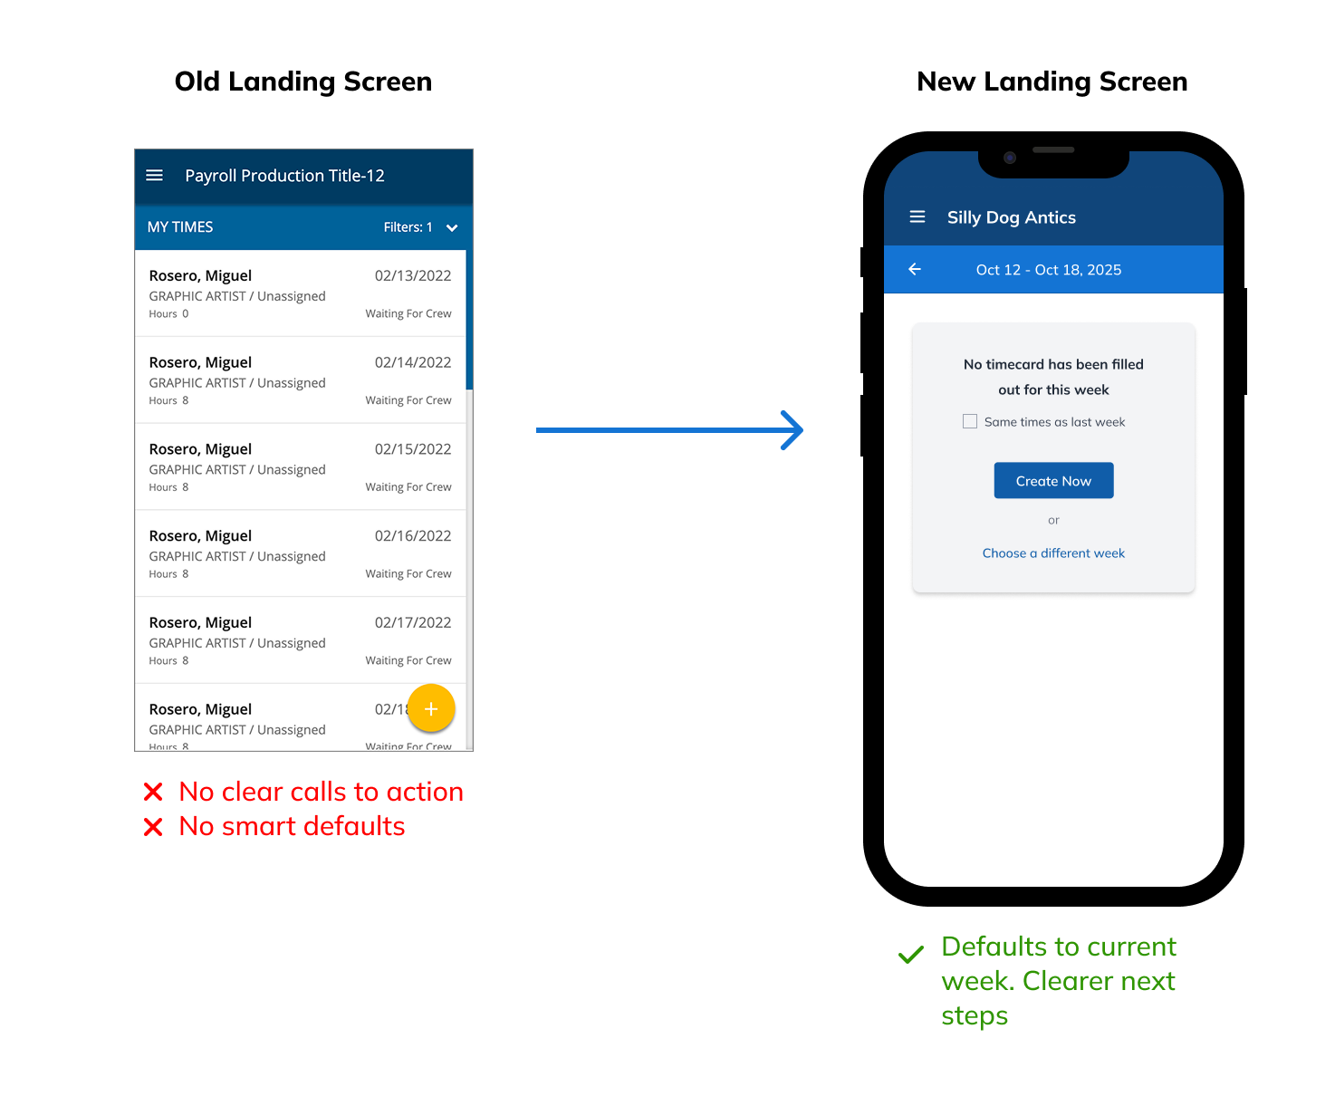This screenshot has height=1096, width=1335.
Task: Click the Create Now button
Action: [x=1053, y=481]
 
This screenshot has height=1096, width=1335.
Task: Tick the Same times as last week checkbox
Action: [x=970, y=421]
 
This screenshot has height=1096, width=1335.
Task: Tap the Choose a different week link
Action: [x=1053, y=553]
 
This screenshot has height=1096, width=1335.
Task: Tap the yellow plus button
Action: [x=431, y=708]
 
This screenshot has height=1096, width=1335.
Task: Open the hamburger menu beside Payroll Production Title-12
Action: [x=155, y=175]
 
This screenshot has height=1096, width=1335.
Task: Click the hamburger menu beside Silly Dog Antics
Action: [x=917, y=217]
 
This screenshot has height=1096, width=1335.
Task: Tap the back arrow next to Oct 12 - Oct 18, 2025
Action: [x=915, y=269]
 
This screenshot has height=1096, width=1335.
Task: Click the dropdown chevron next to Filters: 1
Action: [x=452, y=227]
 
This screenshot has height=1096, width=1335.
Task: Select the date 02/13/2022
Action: [x=413, y=275]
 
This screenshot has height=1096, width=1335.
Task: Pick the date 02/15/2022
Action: [x=413, y=449]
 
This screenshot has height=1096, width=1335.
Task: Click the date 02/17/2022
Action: [x=413, y=622]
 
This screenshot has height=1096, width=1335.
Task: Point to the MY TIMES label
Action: [x=180, y=227]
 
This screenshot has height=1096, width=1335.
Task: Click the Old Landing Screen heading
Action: [x=303, y=82]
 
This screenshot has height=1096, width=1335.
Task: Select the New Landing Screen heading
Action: [x=1052, y=82]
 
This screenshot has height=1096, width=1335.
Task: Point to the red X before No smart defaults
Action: [x=153, y=827]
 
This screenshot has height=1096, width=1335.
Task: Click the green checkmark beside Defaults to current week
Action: [x=911, y=954]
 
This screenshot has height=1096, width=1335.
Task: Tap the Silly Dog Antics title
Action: [x=1012, y=217]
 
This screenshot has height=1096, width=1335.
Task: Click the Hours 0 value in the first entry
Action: [x=185, y=314]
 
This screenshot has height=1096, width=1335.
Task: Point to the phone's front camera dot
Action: [x=1010, y=158]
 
